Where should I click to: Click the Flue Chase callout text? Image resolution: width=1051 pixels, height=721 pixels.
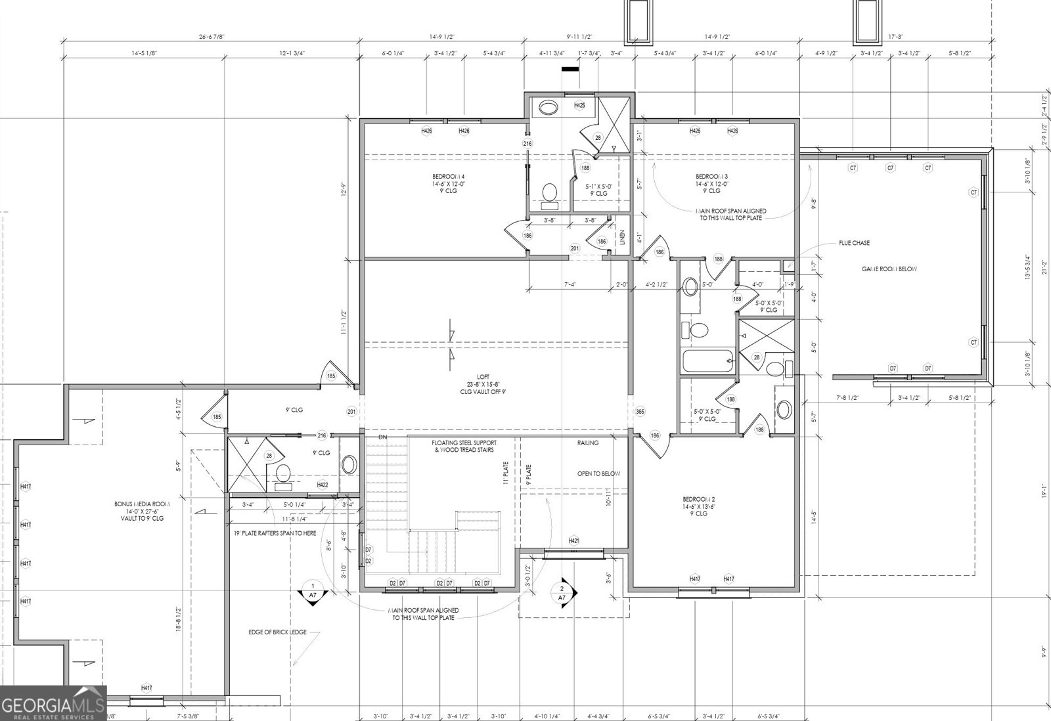(854, 243)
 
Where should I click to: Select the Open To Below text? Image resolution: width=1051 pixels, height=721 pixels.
(598, 473)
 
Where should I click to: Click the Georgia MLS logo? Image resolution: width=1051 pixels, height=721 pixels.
(53, 704)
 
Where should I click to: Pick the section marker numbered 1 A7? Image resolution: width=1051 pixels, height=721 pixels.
(313, 590)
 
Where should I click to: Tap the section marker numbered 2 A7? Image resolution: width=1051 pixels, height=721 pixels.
(562, 593)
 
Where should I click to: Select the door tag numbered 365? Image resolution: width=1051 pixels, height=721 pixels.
(640, 412)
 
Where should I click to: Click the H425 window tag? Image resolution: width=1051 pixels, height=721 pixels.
(579, 105)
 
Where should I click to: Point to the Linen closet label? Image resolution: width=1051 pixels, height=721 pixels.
(623, 238)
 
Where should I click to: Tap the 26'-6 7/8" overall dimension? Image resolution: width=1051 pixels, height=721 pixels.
(210, 37)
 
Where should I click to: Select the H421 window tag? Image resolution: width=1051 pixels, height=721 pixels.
(573, 540)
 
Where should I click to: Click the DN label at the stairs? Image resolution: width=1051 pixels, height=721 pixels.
(383, 437)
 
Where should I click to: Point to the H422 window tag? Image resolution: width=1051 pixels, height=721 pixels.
(322, 485)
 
